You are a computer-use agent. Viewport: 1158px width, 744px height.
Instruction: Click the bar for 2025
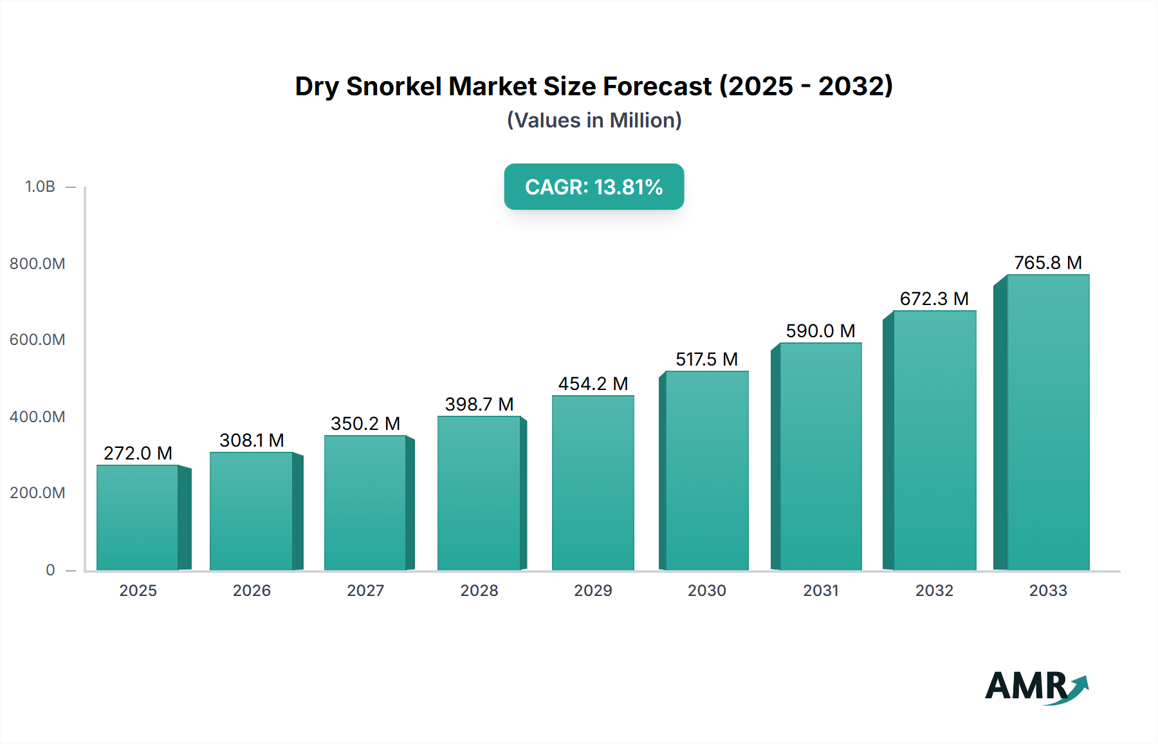pos(138,517)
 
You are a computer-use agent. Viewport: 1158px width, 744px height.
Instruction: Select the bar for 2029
pos(593,483)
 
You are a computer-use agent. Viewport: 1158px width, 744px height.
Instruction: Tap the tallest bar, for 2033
pos(1048,422)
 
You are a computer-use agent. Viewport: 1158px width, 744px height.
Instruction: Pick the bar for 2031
pos(820,456)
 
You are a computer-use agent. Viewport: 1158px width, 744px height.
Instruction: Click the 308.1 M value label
pos(252,440)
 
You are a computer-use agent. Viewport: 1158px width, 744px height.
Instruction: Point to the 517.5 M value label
pos(706,359)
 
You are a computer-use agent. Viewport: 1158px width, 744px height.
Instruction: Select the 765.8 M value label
pos(1048,263)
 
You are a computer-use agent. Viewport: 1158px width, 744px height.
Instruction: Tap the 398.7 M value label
pos(479,404)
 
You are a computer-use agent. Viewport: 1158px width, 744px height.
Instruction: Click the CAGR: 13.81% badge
pos(594,187)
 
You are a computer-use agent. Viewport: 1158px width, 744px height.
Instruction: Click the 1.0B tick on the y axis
pos(40,187)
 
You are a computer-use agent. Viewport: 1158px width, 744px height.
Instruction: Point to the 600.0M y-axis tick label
pos(37,340)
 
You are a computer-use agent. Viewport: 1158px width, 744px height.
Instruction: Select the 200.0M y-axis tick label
pos(37,493)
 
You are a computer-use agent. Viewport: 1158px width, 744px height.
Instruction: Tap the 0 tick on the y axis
pos(50,570)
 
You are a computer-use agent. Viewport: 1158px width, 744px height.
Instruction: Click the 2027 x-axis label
pos(365,590)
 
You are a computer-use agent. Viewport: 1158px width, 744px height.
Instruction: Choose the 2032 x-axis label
pos(934,590)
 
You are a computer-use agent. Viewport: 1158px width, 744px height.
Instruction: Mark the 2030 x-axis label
pos(706,590)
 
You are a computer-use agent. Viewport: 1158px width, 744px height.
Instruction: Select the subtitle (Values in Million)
pos(594,120)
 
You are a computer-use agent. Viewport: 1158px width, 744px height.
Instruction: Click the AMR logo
pos(1036,686)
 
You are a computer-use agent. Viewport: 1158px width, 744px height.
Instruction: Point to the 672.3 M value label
pos(934,299)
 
